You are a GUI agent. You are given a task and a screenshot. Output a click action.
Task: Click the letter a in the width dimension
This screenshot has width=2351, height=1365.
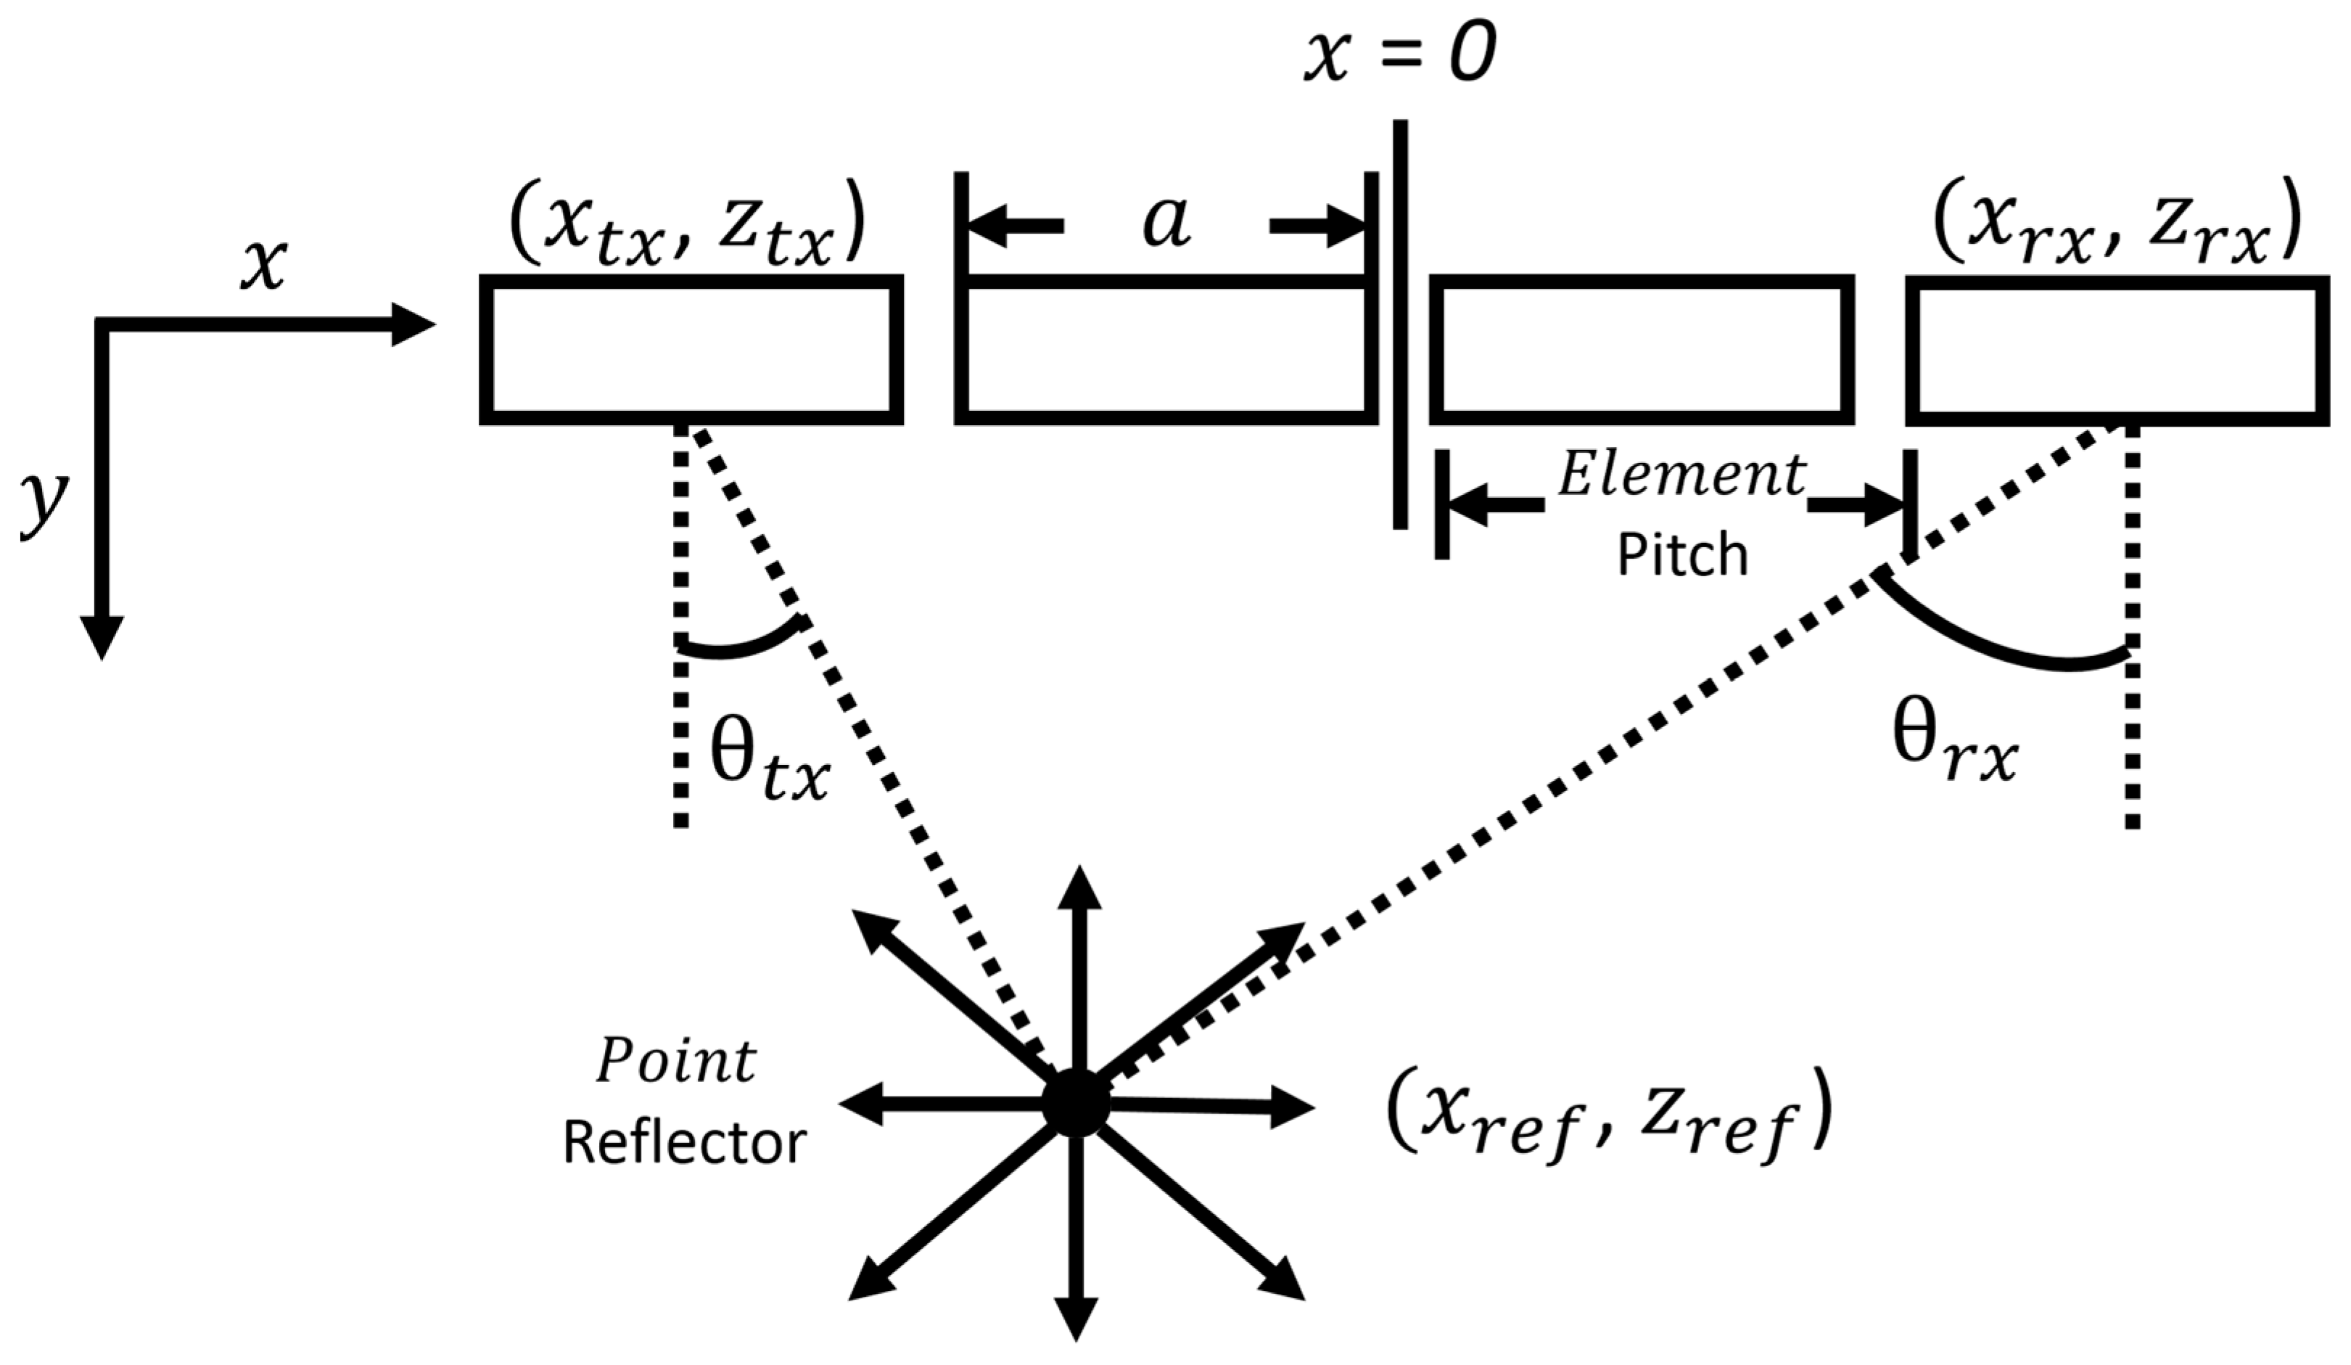point(1166,224)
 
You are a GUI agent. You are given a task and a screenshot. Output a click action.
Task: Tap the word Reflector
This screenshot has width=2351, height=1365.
point(684,1144)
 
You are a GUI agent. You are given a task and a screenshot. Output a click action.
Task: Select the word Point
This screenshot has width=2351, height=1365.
point(676,1062)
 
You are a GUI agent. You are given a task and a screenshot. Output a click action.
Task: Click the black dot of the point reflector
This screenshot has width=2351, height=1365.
point(1076,1104)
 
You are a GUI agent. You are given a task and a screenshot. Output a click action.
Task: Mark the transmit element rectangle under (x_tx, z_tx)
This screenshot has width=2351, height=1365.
point(691,350)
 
